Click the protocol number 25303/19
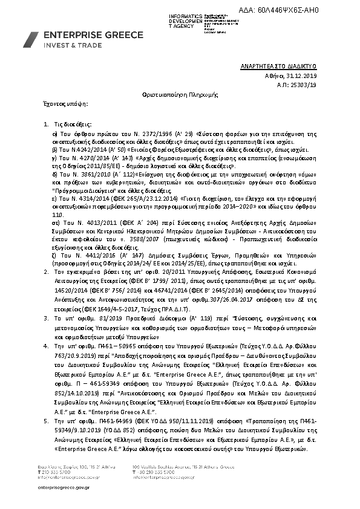(304, 86)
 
